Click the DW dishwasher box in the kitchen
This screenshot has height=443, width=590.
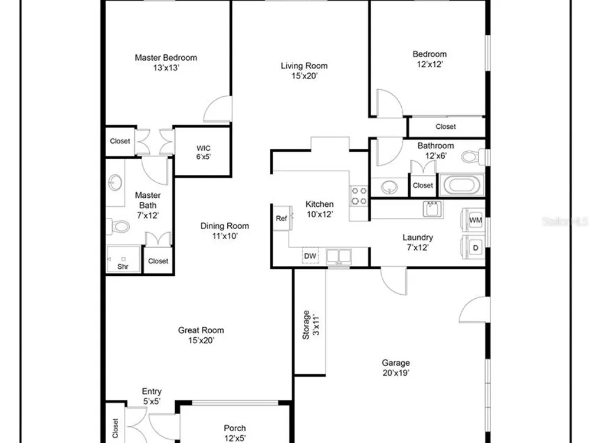(310, 255)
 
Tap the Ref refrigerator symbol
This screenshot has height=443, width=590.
(282, 218)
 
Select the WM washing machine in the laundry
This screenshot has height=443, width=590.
(474, 220)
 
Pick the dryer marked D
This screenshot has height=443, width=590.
(474, 247)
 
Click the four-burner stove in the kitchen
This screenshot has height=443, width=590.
(359, 196)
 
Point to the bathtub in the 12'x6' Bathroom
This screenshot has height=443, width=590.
(461, 185)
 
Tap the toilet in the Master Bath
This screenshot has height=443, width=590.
(118, 226)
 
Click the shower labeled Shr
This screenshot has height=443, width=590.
(123, 259)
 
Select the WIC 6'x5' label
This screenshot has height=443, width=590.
(203, 152)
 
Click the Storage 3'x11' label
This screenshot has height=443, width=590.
(311, 325)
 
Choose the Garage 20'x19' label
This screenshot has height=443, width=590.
(396, 367)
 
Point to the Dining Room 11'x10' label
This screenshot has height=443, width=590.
(225, 231)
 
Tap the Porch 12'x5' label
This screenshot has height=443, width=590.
(235, 433)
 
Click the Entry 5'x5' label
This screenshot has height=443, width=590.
(152, 396)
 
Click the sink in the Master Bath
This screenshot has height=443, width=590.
(115, 183)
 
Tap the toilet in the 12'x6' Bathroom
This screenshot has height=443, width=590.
(473, 157)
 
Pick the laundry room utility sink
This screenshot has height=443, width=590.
(432, 209)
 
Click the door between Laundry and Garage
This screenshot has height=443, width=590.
(394, 281)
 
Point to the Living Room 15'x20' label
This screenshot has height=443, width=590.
(304, 70)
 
